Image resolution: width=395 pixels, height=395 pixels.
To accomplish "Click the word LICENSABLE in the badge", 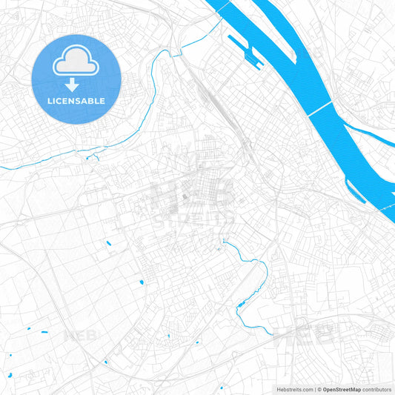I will (76, 100).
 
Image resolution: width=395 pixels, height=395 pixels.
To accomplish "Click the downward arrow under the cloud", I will (76, 84).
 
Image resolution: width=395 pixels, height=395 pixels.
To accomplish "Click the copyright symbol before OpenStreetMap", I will (319, 388).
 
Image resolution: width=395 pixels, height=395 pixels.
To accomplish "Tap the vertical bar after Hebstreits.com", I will (313, 388).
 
